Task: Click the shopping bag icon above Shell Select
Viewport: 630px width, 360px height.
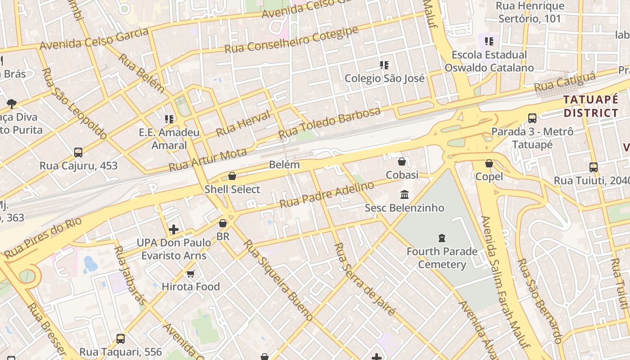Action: (232, 176)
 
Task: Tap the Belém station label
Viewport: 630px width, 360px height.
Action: (284, 165)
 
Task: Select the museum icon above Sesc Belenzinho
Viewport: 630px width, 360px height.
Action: (405, 195)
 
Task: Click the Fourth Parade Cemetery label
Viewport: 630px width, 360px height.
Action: (442, 257)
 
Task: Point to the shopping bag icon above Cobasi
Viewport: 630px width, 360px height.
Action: (402, 162)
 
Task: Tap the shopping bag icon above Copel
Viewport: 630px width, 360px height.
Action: (489, 163)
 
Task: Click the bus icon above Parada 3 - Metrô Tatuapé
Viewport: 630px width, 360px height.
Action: (532, 118)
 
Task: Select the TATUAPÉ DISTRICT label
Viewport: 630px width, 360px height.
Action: (591, 106)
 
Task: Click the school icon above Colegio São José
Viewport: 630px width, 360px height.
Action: (384, 65)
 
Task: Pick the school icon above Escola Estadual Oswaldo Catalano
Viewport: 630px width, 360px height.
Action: (489, 41)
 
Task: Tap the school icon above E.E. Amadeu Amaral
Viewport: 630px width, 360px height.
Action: (169, 119)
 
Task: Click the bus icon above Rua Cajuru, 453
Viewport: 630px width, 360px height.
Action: (78, 153)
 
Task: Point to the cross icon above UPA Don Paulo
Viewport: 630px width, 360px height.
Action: (174, 230)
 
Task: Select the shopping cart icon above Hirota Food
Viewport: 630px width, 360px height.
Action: (191, 274)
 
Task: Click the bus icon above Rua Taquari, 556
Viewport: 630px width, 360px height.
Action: (121, 339)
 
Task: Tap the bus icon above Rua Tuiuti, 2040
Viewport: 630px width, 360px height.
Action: (594, 167)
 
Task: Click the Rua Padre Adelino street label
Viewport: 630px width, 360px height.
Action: (327, 195)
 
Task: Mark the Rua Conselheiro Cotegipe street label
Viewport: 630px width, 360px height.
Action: (292, 40)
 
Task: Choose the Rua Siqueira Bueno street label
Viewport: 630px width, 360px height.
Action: (278, 280)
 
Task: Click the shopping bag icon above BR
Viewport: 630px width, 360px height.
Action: (223, 223)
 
